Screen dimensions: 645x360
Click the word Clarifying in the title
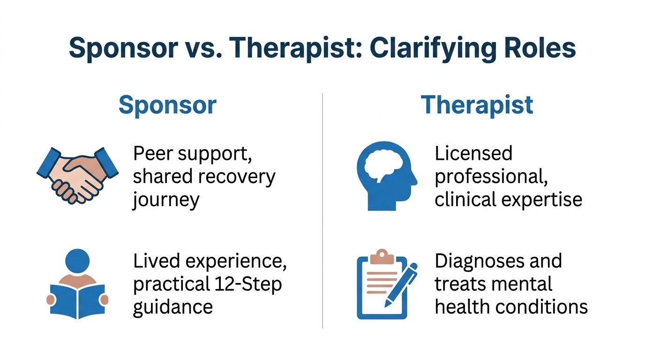point(433,49)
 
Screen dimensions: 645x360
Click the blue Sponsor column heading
point(168,106)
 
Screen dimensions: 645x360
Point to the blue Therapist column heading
point(477,105)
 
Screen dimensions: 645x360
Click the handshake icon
point(77,175)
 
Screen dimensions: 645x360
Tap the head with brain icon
point(387,176)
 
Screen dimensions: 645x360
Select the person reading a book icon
point(77,284)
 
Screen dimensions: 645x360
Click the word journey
point(165,201)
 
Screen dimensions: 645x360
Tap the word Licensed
point(473,153)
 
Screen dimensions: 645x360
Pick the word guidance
point(173,307)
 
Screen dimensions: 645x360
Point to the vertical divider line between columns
point(322,210)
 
